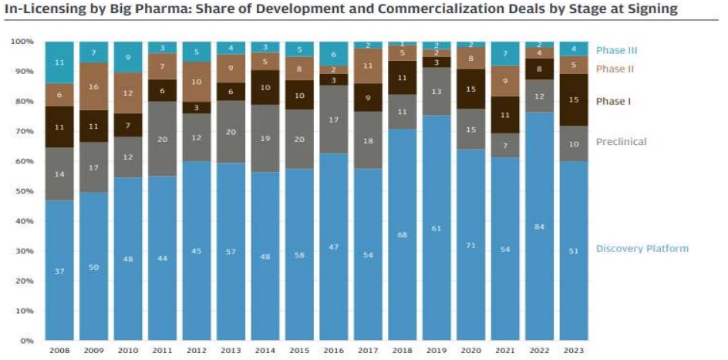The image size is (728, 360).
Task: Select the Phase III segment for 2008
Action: point(59,62)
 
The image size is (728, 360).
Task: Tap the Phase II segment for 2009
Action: point(94,86)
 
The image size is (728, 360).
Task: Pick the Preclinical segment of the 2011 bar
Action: point(163,139)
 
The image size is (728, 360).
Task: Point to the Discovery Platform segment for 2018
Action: point(403,234)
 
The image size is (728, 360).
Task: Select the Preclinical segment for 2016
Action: point(334,119)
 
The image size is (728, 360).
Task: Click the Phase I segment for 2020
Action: point(471,89)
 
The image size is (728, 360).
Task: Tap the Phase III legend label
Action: point(616,51)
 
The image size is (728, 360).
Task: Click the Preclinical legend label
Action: point(621,142)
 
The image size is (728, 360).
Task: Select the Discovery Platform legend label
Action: point(642,248)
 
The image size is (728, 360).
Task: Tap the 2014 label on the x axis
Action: point(265,351)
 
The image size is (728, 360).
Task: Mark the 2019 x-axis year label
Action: point(436,351)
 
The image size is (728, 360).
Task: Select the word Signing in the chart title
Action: point(649,10)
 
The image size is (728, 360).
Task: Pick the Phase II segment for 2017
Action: point(368,66)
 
